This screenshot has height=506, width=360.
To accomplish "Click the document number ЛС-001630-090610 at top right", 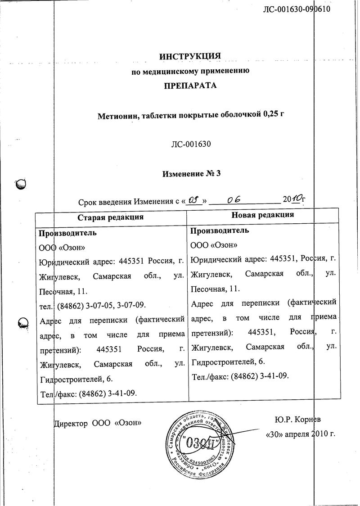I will [297, 9].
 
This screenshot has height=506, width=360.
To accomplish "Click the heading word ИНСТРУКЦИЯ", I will [190, 56].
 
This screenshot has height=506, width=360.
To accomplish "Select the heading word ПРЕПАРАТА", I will [190, 85].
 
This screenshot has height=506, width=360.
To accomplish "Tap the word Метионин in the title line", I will [118, 116].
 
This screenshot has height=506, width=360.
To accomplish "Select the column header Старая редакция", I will [110, 217].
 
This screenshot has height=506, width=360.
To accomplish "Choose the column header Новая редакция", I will [262, 215].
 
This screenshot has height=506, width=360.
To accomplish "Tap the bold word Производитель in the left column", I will [67, 233].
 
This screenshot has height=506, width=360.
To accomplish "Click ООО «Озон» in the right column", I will [214, 245].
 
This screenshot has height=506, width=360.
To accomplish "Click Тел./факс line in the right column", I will [240, 375].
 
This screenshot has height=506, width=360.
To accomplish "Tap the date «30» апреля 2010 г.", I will [301, 434].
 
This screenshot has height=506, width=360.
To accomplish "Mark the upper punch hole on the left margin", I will [21, 184].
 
